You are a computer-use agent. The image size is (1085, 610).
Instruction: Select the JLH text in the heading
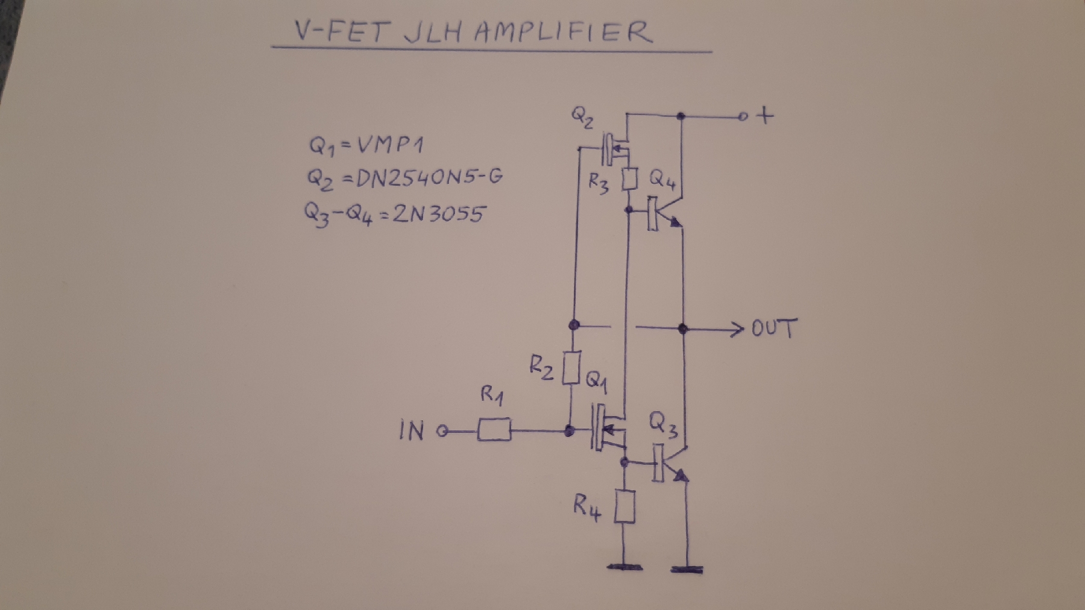point(432,33)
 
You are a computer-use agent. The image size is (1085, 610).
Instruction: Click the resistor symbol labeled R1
point(494,430)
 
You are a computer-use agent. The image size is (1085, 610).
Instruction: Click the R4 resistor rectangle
point(624,506)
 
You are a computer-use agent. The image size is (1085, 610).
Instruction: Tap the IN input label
point(412,432)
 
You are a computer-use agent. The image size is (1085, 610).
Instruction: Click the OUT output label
point(774,329)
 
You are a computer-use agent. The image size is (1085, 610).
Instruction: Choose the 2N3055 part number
point(438,213)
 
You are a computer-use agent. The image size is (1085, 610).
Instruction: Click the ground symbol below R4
point(624,567)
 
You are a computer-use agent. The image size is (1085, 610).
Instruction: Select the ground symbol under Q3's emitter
point(687,568)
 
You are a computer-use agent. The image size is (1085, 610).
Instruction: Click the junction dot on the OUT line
point(683,329)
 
